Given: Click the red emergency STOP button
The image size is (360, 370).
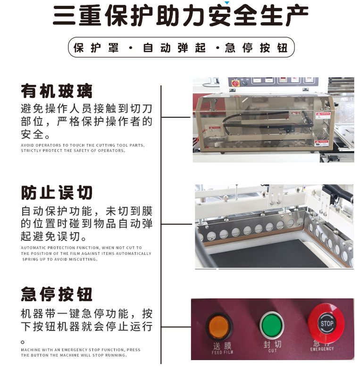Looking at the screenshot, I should (x=327, y=324).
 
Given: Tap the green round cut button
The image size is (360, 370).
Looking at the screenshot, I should (x=272, y=325).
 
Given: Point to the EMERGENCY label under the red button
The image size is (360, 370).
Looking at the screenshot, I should (x=322, y=349).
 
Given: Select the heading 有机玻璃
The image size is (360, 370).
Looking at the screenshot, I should (x=57, y=91).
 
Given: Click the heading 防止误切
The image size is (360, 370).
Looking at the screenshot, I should (x=57, y=193).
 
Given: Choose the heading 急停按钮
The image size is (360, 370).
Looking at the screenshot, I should (x=57, y=294).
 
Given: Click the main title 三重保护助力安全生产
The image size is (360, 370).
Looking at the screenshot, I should (x=180, y=16).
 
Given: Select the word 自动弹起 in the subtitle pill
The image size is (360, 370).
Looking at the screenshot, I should (x=174, y=48).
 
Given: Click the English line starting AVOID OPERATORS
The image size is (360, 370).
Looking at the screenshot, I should (x=83, y=145).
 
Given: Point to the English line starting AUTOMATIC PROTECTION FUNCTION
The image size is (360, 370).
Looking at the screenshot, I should (x=81, y=248).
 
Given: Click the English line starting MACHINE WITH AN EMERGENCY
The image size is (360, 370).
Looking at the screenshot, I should (x=80, y=350).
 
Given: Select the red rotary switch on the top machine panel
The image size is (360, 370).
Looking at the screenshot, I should (x=234, y=84).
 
